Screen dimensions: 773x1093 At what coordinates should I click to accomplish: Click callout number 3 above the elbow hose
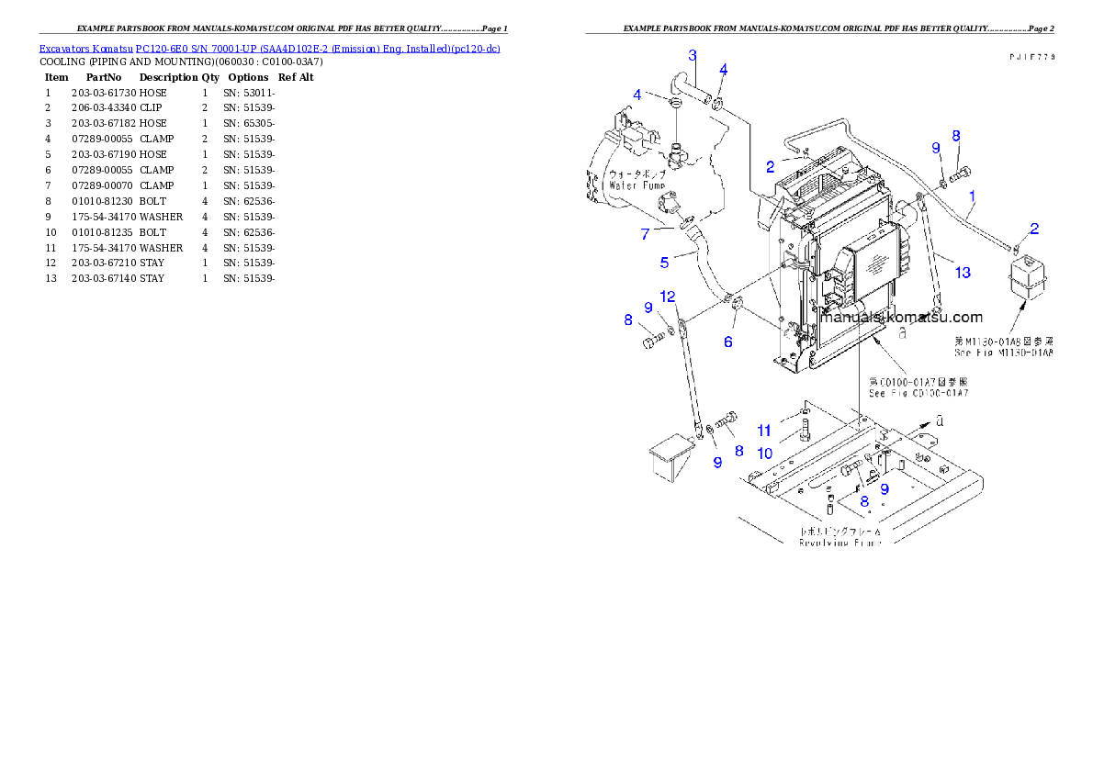pyautogui.click(x=692, y=55)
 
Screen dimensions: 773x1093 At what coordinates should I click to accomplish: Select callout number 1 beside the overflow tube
pyautogui.click(x=972, y=196)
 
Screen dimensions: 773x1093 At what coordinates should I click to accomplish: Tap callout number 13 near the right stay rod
pyautogui.click(x=962, y=272)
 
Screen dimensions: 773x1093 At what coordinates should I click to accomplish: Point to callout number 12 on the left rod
pyautogui.click(x=668, y=296)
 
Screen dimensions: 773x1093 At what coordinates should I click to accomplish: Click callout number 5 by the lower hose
pyautogui.click(x=664, y=263)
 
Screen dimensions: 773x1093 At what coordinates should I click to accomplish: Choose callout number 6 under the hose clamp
pyautogui.click(x=728, y=342)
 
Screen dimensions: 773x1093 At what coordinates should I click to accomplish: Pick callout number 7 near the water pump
pyautogui.click(x=645, y=234)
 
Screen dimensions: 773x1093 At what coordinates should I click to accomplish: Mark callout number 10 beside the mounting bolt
pyautogui.click(x=764, y=453)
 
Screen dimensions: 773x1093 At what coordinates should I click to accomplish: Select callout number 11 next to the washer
pyautogui.click(x=764, y=430)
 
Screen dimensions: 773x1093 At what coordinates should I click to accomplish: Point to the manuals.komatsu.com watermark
pyautogui.click(x=902, y=318)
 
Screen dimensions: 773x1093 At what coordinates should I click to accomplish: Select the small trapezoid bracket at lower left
pyautogui.click(x=668, y=458)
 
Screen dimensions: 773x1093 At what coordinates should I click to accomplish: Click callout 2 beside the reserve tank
pyautogui.click(x=1034, y=228)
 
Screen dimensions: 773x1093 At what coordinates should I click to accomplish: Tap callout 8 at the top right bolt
pyautogui.click(x=956, y=135)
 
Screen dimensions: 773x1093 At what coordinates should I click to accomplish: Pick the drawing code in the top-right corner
pyautogui.click(x=1030, y=57)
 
